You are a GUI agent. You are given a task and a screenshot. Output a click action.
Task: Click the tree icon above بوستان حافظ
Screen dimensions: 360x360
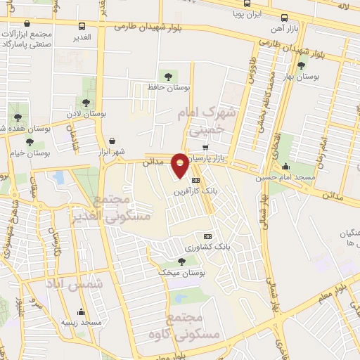pos(168,76)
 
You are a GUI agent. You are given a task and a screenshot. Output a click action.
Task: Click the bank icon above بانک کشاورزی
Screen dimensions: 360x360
pos(207,236)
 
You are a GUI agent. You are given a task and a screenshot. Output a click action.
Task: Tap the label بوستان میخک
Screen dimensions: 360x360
pos(181,273)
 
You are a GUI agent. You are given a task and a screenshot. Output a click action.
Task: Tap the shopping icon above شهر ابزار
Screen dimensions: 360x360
pos(113,141)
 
